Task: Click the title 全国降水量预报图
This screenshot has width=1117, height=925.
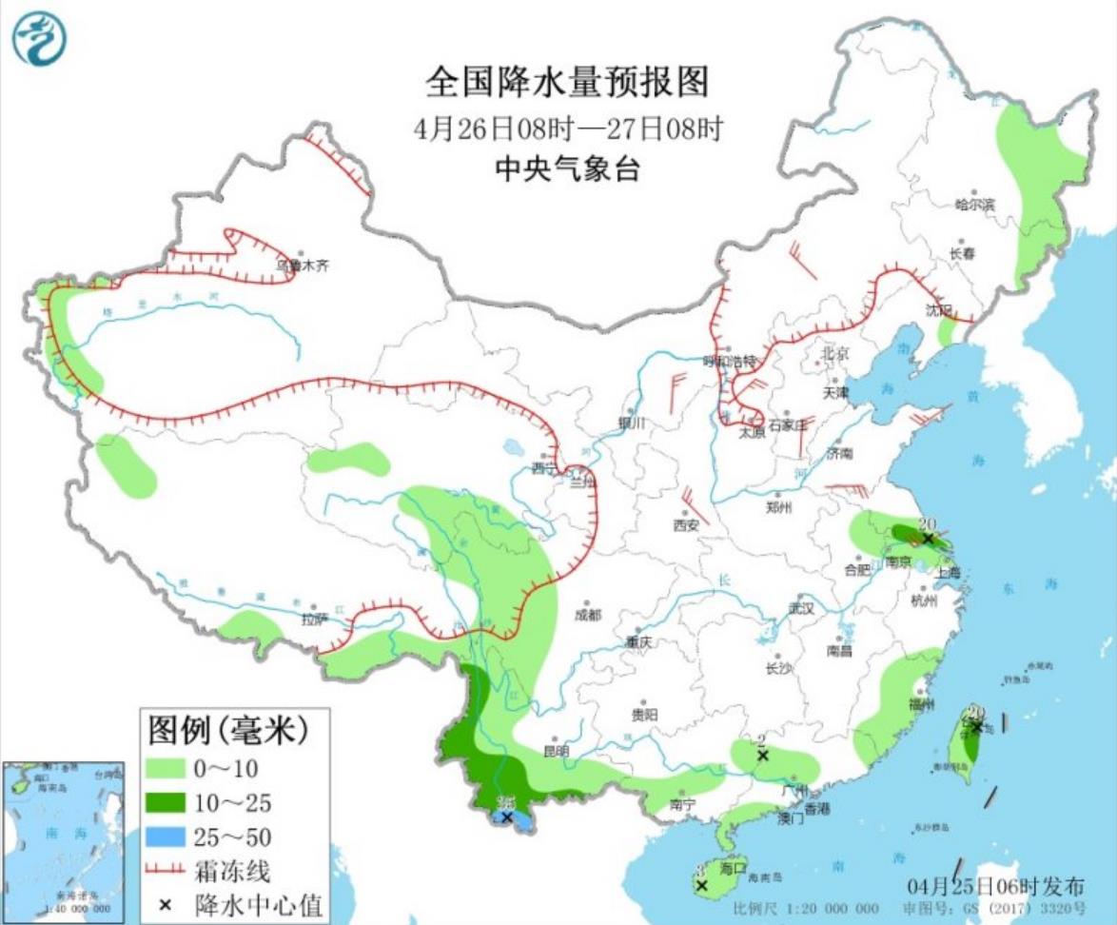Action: (566, 83)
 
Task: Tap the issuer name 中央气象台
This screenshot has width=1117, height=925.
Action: (566, 169)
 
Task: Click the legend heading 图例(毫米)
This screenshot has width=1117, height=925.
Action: (229, 731)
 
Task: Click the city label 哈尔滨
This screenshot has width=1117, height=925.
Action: (974, 204)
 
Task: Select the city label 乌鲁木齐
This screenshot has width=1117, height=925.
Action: (302, 266)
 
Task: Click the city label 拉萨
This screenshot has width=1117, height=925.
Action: (314, 620)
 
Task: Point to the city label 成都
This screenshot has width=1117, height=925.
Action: (588, 615)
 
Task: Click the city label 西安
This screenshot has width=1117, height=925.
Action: (686, 524)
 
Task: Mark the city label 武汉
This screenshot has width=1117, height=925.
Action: (801, 608)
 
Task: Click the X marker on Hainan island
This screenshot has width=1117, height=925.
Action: (701, 885)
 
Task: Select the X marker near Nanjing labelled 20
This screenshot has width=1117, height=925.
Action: (929, 539)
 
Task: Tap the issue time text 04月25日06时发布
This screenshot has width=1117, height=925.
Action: (994, 884)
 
